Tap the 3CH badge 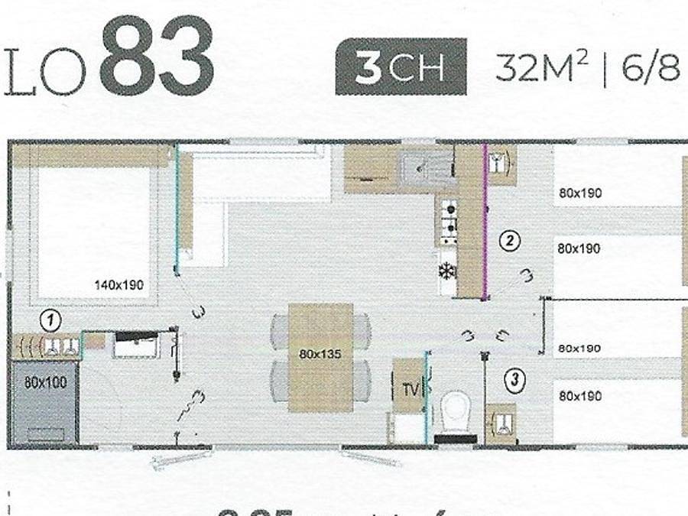(x=401, y=67)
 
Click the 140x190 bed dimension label (x=119, y=285)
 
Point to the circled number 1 (x=50, y=318)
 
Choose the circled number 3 (x=517, y=378)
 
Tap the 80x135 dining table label (x=320, y=354)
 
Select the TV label (x=410, y=390)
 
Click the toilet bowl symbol (x=456, y=411)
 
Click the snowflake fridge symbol (x=447, y=271)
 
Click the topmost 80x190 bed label (x=579, y=193)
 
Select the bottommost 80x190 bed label (x=579, y=396)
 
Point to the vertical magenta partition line (x=485, y=222)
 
